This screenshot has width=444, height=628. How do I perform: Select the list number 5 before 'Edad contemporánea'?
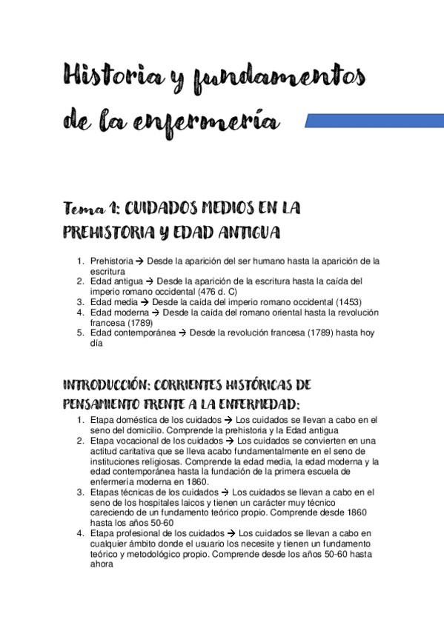80,333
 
